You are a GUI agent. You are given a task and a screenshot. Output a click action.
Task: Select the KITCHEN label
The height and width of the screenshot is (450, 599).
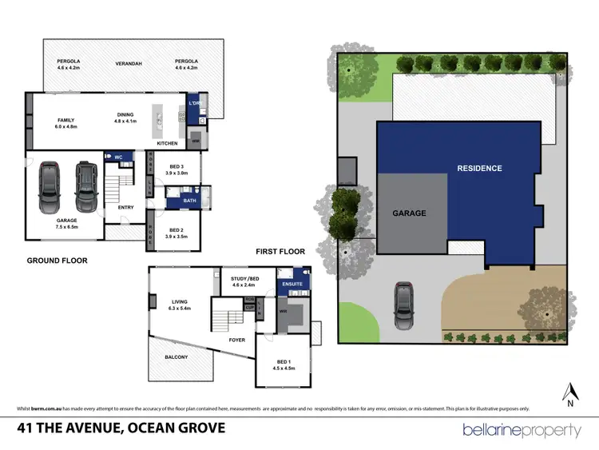167,143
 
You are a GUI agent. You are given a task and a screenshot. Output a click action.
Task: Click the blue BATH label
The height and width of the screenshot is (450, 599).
189,201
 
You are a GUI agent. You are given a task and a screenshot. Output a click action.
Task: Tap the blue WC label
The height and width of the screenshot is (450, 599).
117,157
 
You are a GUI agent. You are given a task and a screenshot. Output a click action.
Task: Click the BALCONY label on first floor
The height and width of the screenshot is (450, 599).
177,357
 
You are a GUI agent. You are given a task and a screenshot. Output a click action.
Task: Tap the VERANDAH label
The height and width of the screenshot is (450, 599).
124,62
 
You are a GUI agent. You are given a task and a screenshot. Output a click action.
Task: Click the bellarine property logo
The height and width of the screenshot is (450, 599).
522,431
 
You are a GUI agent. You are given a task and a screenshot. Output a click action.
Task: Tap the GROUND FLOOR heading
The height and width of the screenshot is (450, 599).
57,261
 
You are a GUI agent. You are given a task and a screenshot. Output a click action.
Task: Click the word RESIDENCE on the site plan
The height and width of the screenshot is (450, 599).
479,169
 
